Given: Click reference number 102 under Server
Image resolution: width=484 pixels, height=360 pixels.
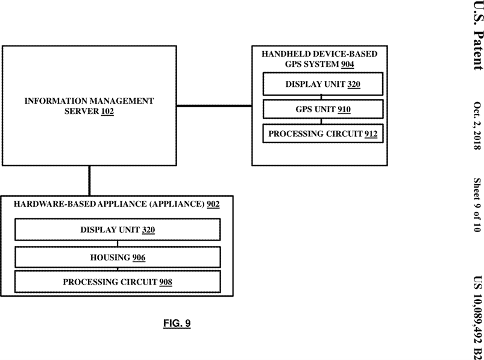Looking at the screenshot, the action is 107,111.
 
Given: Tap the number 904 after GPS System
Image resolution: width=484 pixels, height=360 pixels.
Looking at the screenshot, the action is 348,64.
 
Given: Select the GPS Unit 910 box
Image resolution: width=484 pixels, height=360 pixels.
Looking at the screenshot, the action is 323,109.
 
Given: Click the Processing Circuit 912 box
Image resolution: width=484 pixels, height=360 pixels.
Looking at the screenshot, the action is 323,133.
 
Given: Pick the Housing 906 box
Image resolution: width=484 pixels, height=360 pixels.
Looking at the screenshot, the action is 118,257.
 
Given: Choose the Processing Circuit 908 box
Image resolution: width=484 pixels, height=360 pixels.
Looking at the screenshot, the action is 118,282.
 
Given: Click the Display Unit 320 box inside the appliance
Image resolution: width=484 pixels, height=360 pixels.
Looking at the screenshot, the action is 118,229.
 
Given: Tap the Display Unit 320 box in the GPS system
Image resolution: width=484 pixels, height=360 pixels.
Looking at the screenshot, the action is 323,84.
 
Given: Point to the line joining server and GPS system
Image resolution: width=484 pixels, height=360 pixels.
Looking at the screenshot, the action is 214,106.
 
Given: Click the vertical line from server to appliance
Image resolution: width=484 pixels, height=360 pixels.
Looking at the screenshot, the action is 90,181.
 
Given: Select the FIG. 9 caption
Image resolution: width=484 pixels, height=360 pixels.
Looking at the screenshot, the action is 177,323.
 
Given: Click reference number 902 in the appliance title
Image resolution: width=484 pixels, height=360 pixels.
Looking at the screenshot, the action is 213,204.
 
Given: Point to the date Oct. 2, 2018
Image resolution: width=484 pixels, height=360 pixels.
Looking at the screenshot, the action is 477,125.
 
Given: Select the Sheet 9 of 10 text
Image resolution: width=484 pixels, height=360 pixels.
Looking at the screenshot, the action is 477,204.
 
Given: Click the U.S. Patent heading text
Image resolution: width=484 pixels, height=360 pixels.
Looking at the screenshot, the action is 478,35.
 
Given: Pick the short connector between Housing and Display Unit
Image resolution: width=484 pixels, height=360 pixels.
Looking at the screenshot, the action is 118,243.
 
